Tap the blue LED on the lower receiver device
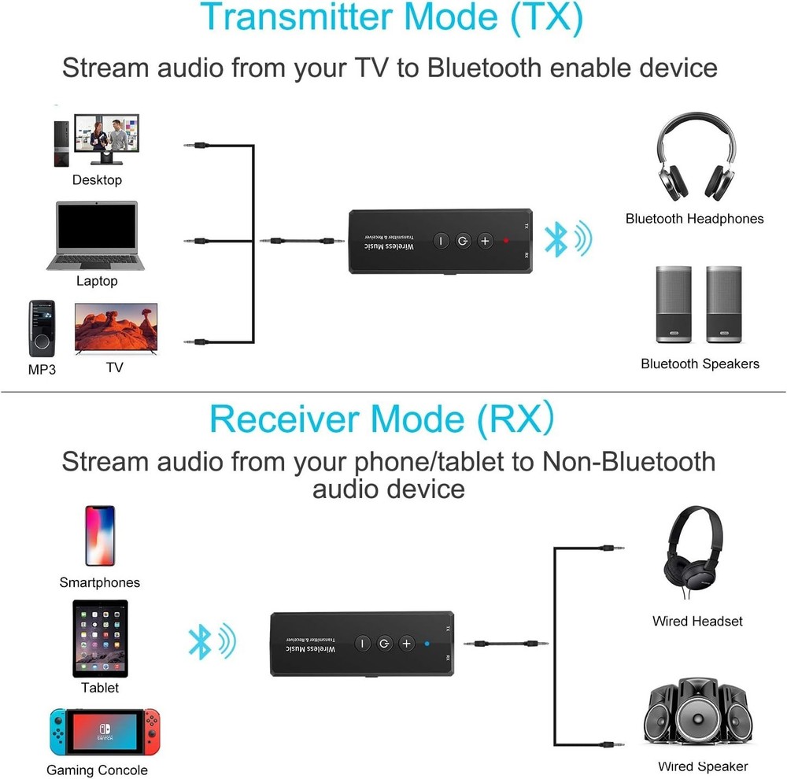(427, 644)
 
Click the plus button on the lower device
(406, 644)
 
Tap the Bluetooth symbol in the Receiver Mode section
(199, 642)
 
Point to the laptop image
(97, 236)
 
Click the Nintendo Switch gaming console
(105, 732)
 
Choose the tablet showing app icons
(100, 638)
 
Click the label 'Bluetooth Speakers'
(700, 364)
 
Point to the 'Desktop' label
(97, 180)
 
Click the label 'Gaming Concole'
(97, 770)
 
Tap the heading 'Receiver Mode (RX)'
(382, 419)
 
